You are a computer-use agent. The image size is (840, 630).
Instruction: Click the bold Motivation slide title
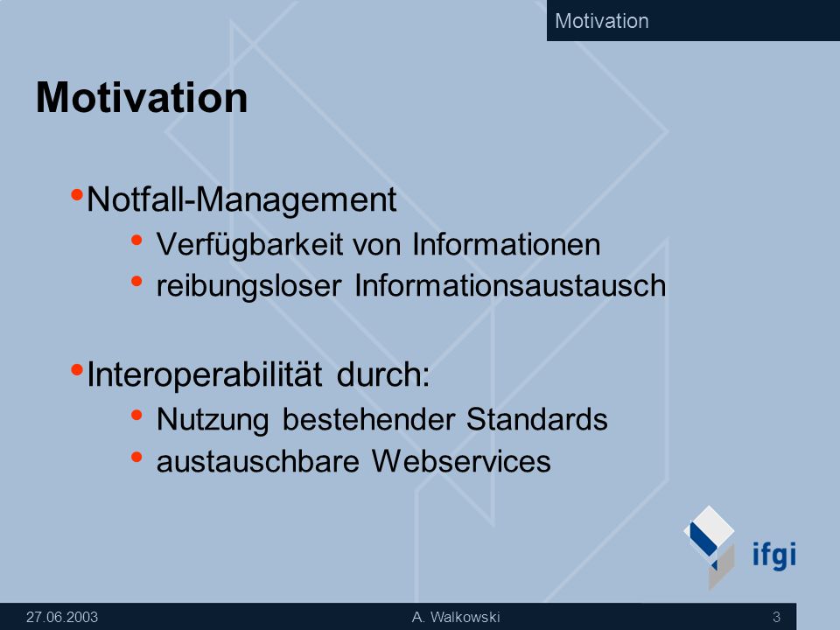tap(142, 97)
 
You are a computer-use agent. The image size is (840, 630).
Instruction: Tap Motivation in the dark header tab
tap(602, 21)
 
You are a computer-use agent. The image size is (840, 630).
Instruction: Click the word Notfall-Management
tap(241, 200)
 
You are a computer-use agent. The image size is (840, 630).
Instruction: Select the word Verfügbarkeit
tap(249, 245)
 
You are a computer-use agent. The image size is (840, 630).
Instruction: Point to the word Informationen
tap(507, 244)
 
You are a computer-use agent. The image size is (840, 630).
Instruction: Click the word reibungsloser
tap(248, 286)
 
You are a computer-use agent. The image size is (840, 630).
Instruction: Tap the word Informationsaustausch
tap(510, 285)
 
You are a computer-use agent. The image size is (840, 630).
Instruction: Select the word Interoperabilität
tap(205, 374)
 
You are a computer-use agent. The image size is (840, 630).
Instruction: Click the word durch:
tap(383, 374)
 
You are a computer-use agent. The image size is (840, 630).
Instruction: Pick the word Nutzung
tap(213, 420)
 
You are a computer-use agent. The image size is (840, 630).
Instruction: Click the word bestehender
tap(368, 419)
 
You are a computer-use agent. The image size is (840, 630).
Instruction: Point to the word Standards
tap(536, 419)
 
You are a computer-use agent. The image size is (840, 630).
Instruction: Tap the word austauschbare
tap(257, 461)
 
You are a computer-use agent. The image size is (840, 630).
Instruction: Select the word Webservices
tap(461, 461)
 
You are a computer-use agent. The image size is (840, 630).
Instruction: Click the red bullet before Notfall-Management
tap(77, 194)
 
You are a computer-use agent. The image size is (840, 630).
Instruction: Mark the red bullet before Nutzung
tap(136, 414)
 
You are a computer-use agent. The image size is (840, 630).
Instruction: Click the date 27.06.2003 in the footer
tap(62, 617)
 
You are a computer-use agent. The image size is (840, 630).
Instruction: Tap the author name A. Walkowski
tap(456, 617)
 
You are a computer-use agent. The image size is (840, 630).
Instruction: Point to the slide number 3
tap(776, 617)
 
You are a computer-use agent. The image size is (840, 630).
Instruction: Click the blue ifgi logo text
tap(774, 555)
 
